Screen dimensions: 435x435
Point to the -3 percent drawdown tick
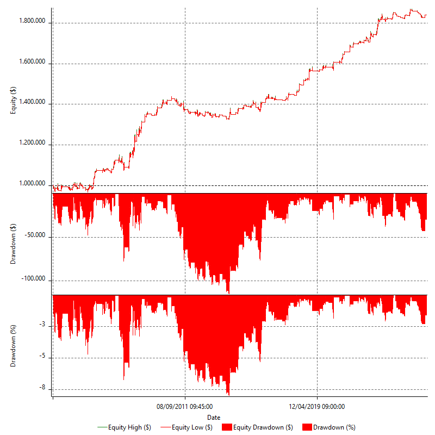pos(41,325)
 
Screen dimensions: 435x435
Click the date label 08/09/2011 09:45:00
pos(185,406)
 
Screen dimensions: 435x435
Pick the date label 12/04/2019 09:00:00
pos(316,406)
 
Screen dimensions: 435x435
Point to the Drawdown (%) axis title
pos(13,345)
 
